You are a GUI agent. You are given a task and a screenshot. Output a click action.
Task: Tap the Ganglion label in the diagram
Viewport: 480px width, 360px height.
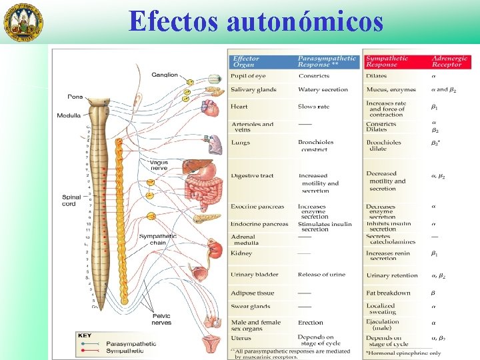point(164,75)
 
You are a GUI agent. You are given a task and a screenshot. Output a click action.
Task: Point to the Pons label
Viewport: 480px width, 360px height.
point(75,97)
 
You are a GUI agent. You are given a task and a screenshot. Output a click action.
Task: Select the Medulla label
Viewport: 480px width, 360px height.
point(69,115)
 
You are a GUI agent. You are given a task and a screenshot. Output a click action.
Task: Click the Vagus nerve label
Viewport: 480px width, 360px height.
point(159,165)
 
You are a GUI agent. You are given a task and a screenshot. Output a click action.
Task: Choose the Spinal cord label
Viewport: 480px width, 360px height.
point(69,200)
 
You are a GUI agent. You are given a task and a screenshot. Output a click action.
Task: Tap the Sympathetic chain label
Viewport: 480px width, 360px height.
point(157,239)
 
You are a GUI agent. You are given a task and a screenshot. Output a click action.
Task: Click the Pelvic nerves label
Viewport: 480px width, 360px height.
point(161,319)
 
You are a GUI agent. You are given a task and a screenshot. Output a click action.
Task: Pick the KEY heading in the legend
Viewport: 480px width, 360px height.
point(85,336)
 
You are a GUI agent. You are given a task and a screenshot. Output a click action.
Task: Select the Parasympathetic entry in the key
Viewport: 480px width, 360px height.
point(131,343)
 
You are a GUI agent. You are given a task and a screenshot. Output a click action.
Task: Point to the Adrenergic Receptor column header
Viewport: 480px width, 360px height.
point(450,62)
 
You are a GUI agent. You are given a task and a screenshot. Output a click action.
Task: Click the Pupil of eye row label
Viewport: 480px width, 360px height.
point(248,76)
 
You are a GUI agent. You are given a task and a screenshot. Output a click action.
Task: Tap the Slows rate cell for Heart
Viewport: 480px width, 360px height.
point(313,107)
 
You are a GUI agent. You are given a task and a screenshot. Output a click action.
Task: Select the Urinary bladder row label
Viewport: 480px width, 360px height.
point(255,275)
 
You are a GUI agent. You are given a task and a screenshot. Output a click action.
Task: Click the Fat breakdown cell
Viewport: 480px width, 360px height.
point(388,293)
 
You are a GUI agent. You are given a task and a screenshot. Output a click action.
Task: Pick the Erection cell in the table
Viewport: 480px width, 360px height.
point(310,323)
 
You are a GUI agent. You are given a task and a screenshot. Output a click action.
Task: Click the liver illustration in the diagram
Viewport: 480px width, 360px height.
point(197,167)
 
